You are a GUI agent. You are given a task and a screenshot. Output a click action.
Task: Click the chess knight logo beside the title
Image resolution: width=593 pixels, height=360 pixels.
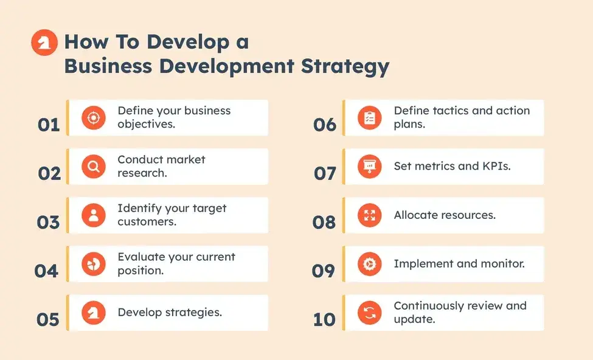44,44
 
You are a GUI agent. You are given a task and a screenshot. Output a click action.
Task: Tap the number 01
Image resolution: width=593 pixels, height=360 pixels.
49,125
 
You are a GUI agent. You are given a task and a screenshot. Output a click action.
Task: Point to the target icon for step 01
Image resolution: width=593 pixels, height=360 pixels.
93,117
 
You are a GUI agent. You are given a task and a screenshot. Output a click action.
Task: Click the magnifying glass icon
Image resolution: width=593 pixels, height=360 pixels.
93,166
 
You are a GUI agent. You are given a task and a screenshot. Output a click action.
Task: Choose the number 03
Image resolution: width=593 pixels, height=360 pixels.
49,222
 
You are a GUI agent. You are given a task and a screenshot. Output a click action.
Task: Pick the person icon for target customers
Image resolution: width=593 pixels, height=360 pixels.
93,215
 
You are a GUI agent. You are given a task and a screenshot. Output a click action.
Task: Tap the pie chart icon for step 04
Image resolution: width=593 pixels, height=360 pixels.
93,263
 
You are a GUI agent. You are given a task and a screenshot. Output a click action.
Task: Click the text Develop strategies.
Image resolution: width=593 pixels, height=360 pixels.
170,313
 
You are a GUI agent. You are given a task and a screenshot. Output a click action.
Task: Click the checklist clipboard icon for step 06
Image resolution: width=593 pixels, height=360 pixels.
369,117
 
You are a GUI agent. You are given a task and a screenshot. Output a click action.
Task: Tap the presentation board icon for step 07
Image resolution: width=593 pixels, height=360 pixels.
369,166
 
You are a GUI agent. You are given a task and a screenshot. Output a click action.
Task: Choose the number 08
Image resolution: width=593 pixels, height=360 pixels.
324,222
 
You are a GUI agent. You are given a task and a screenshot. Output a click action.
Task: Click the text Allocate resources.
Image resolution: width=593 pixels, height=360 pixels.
445,215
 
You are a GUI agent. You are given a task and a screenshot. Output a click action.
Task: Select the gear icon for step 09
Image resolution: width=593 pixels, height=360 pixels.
369,263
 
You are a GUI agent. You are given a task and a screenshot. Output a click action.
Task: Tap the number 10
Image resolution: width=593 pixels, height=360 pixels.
324,319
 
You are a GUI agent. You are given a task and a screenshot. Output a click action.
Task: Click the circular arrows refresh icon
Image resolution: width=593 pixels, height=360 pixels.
369,313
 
